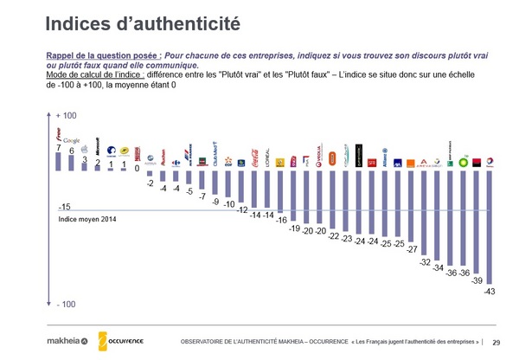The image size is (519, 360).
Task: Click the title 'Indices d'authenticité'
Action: click(139, 19)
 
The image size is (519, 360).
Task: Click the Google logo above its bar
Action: click(72, 140)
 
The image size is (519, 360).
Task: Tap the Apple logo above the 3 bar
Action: click(84, 150)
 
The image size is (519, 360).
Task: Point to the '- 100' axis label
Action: click(67, 305)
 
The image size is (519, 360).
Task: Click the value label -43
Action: click(490, 291)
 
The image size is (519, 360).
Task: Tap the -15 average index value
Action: click(64, 208)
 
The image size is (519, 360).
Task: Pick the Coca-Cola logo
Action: click(254, 156)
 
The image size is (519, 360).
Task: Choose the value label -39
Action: click(477, 281)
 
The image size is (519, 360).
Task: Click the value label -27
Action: click(411, 249)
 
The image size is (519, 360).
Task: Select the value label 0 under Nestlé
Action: click(137, 169)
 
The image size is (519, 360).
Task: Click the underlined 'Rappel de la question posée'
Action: click(103, 55)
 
